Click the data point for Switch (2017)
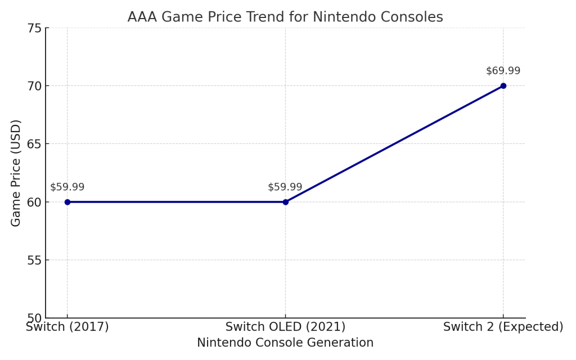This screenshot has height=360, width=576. [67, 202]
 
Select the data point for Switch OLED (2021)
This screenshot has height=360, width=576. [285, 202]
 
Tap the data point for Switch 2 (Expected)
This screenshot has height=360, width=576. [503, 86]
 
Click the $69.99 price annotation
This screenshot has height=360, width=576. [503, 71]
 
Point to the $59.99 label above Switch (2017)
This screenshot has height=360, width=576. [67, 187]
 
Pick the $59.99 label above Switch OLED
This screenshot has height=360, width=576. [285, 187]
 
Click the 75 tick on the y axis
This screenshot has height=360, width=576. [34, 28]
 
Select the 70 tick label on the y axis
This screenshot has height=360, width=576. [34, 86]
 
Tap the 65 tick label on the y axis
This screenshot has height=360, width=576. [34, 144]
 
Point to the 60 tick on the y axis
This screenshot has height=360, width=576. [34, 202]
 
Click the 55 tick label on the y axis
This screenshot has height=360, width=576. [34, 260]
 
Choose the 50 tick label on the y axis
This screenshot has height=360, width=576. [34, 318]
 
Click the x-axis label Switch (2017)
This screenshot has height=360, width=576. [67, 327]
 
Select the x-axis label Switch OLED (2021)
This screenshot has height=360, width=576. [285, 327]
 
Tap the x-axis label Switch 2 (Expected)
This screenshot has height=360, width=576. [503, 327]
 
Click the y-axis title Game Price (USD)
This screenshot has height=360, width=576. [16, 173]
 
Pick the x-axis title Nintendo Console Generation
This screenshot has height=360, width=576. [285, 343]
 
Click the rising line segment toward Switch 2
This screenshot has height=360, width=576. [394, 144]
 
